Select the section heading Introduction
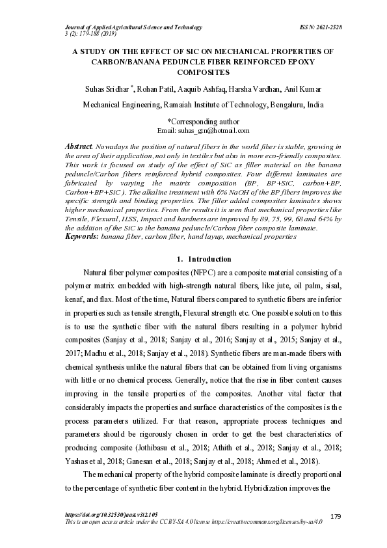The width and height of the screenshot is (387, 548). pyautogui.click(x=200, y=260)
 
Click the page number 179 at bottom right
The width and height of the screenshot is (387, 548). pyautogui.click(x=336, y=516)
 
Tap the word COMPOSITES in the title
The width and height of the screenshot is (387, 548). pyautogui.click(x=194, y=72)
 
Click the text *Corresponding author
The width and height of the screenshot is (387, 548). pyautogui.click(x=194, y=121)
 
